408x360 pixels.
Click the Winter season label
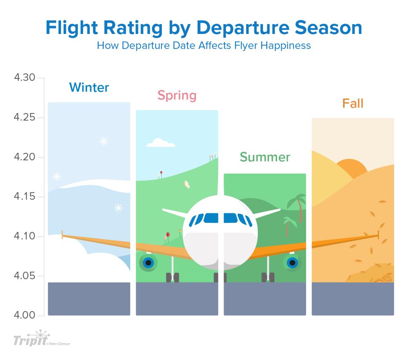pyautogui.click(x=89, y=87)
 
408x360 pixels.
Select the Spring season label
pyautogui.click(x=177, y=95)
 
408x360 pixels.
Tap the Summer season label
pyautogui.click(x=265, y=157)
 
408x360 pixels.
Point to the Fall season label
pyautogui.click(x=353, y=103)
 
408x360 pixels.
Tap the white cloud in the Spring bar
pyautogui.click(x=160, y=143)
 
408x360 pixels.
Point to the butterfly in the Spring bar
pyautogui.click(x=187, y=184)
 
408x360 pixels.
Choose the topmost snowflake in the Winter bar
pyautogui.click(x=104, y=141)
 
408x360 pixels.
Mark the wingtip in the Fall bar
pyautogui.click(x=377, y=235)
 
